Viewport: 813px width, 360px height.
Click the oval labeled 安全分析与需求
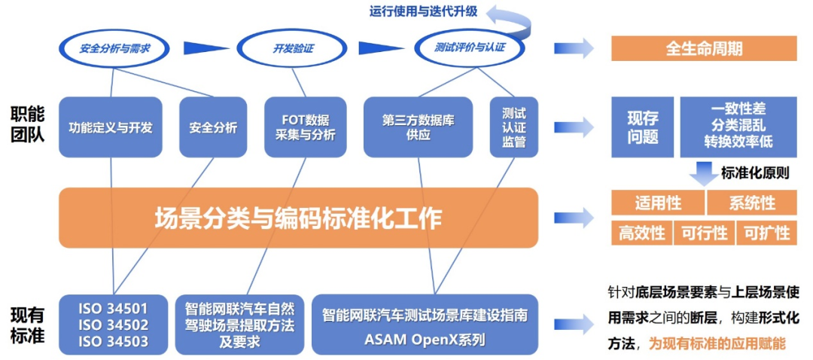114,48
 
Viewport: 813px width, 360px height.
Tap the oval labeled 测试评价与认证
470,48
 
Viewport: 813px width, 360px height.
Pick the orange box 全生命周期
704,49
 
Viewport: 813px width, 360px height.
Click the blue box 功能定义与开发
111,127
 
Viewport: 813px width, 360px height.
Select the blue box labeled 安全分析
213,127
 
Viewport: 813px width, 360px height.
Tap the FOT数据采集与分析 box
305,127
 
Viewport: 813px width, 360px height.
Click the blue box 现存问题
642,127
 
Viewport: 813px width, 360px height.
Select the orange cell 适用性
657,203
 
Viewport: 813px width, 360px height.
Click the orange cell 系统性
752,203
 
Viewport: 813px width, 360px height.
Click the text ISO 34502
113,325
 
